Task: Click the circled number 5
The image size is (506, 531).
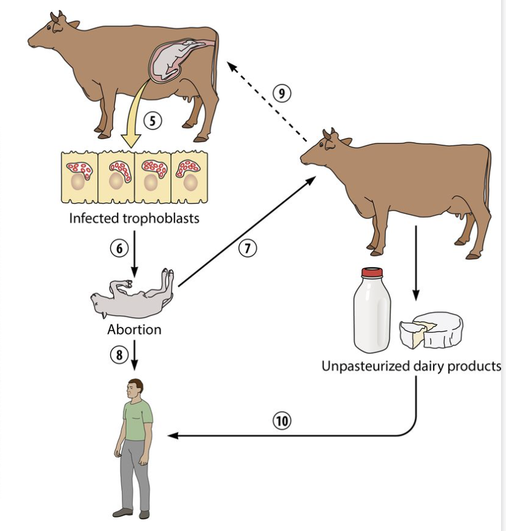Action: tap(153, 120)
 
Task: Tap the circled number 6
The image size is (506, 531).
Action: tap(117, 246)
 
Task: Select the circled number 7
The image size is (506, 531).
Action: tap(247, 248)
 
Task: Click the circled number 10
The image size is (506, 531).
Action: tap(282, 421)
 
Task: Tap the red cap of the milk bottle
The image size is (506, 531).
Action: tap(372, 272)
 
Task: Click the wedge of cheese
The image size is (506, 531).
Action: tap(431, 329)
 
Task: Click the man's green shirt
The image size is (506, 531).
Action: tap(138, 419)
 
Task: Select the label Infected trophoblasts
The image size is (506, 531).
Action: tap(134, 218)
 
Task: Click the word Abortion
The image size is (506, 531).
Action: tap(134, 329)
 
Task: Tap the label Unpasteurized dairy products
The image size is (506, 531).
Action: tap(412, 366)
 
